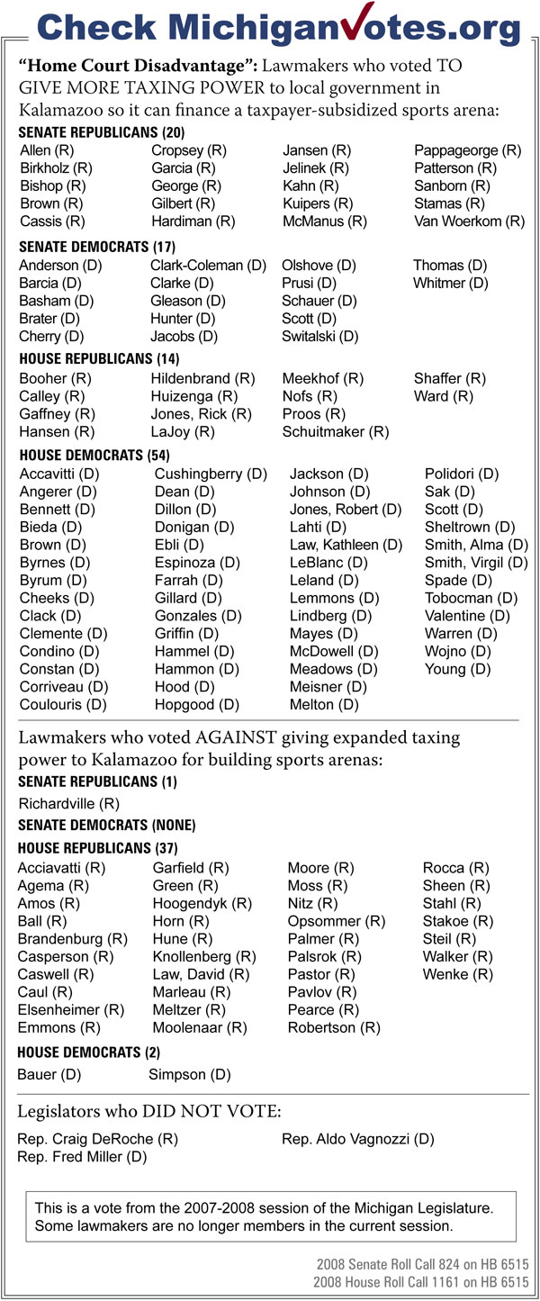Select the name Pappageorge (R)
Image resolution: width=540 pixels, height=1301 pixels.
coord(467,150)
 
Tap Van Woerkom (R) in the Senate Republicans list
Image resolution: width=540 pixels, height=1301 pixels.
coord(469,221)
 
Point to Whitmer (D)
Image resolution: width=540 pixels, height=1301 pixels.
coord(450,283)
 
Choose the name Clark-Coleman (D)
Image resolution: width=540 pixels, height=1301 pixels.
coord(208,265)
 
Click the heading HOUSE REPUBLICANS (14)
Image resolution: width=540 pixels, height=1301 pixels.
coord(85,358)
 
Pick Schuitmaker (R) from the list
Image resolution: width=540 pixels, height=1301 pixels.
coord(335,431)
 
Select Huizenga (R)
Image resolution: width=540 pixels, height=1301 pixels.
coord(193,396)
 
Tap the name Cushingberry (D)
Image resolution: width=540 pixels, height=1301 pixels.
coord(211,474)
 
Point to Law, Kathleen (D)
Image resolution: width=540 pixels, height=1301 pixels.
coord(346,545)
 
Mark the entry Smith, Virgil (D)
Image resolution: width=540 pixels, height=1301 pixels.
coord(476,563)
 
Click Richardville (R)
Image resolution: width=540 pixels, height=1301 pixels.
coord(68,803)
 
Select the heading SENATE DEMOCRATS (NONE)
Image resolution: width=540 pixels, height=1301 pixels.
coord(106,825)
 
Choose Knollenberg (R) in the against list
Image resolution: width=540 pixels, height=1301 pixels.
coord(204,956)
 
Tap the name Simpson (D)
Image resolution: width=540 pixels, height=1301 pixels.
coord(189,1074)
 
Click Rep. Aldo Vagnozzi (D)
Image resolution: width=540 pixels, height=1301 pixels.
coord(357,1139)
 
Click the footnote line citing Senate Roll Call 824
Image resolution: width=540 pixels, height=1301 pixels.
coord(421,1265)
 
